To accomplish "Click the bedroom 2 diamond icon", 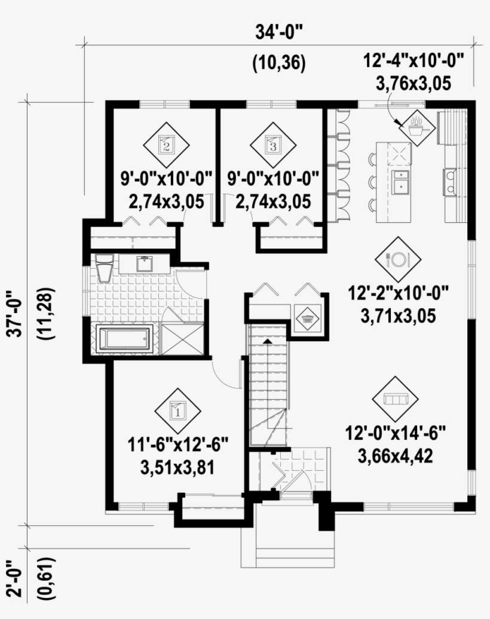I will pos(166,145).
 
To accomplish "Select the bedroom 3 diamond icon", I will pos(272,145).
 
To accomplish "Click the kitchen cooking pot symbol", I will pos(416,126).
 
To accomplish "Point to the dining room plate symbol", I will pos(397,259).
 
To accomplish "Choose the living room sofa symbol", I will pos(395,399).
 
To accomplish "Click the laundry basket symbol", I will pos(308,318).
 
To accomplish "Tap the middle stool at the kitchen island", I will pos(372,182).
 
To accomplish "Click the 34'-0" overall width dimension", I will pos(278,33).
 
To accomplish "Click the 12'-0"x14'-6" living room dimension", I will pos(394,432).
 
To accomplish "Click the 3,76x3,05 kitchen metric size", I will pos(413,84).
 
